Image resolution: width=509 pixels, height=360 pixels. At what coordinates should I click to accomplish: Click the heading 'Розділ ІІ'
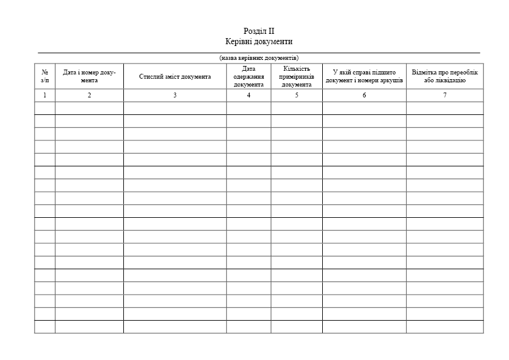click(x=259, y=31)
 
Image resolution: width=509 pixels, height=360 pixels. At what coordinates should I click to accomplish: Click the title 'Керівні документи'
click(x=259, y=42)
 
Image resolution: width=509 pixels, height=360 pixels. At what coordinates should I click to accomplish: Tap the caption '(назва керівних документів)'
click(x=259, y=57)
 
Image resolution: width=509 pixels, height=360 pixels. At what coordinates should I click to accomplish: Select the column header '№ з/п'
click(x=45, y=76)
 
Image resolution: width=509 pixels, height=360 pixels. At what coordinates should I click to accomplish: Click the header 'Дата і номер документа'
click(x=89, y=76)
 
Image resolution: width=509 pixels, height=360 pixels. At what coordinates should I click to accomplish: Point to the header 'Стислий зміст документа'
click(x=175, y=77)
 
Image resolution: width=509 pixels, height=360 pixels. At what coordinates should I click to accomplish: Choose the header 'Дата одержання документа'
click(x=248, y=77)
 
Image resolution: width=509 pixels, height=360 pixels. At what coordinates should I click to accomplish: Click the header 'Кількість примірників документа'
click(x=296, y=77)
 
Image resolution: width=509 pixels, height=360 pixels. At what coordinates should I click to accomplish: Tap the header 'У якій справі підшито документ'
click(x=364, y=76)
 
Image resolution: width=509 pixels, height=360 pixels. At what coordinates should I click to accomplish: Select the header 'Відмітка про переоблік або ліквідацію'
click(x=444, y=76)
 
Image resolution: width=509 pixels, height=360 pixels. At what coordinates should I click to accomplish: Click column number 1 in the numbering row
click(x=45, y=95)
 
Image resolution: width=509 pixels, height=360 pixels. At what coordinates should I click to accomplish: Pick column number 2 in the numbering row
click(x=89, y=95)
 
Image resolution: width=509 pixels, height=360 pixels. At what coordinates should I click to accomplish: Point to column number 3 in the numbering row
click(x=175, y=95)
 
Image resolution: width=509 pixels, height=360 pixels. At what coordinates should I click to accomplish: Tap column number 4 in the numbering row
click(x=248, y=95)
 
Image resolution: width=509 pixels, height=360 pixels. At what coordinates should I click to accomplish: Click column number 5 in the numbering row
click(x=296, y=95)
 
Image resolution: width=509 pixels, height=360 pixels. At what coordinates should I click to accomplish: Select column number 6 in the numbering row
click(x=364, y=95)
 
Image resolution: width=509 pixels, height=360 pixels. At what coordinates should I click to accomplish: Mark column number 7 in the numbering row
click(x=444, y=95)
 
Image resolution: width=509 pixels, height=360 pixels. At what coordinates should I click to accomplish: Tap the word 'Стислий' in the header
click(x=149, y=77)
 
